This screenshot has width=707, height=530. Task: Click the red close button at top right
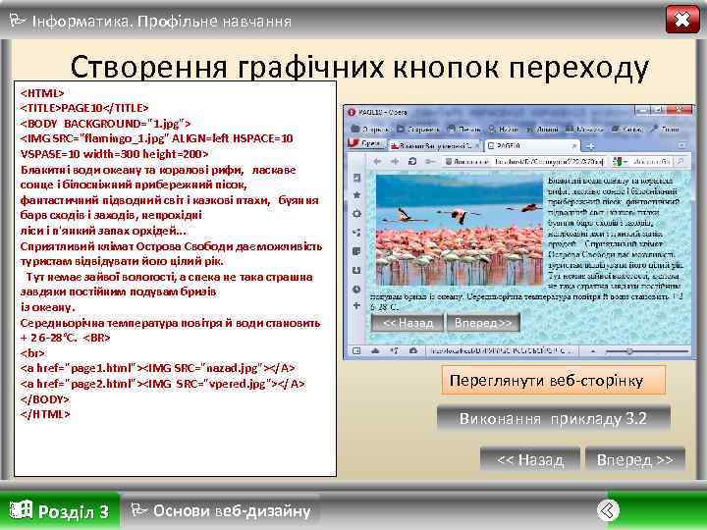pyautogui.click(x=681, y=20)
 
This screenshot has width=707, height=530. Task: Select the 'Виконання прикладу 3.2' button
pyautogui.click(x=553, y=419)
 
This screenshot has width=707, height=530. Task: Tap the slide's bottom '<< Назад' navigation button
pyautogui.click(x=530, y=459)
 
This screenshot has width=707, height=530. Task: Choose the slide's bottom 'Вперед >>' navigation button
pyautogui.click(x=634, y=459)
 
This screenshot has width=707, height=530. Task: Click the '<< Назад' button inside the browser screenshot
pyautogui.click(x=407, y=323)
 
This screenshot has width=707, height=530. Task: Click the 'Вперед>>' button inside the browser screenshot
pyautogui.click(x=481, y=323)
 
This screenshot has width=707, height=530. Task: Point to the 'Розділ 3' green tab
pyautogui.click(x=60, y=510)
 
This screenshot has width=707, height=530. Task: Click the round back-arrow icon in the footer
pyautogui.click(x=608, y=509)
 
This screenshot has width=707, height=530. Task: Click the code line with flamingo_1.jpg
pyautogui.click(x=157, y=138)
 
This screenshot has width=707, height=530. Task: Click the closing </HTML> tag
pyautogui.click(x=45, y=414)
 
